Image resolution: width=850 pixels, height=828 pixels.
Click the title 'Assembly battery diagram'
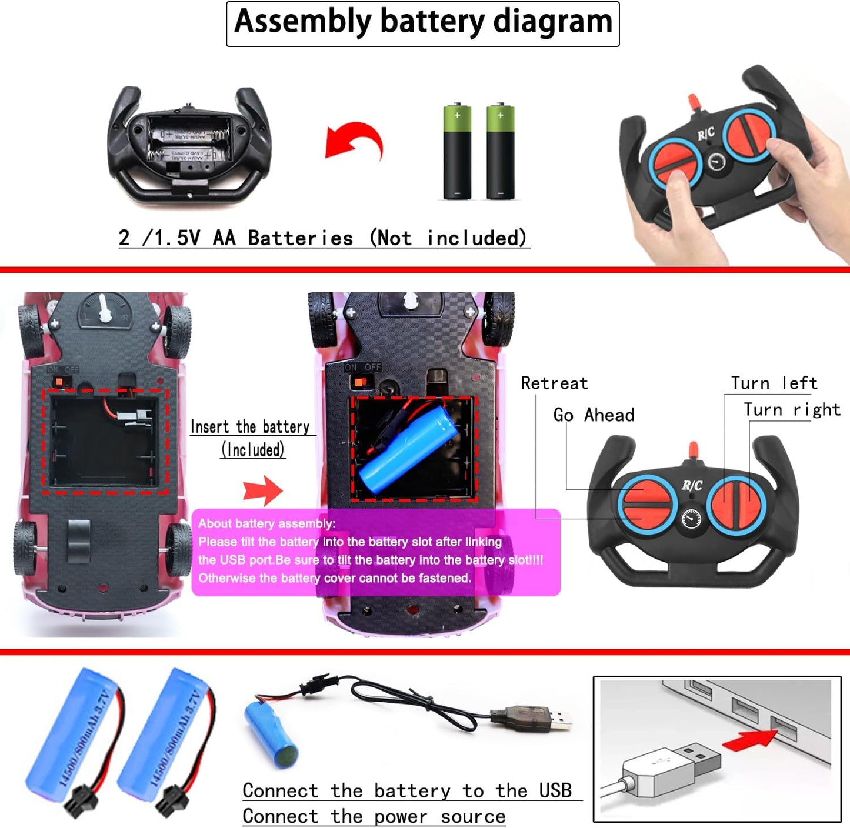[423, 22]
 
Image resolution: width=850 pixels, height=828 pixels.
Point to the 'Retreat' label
[554, 383]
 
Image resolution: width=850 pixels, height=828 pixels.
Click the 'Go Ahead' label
[594, 415]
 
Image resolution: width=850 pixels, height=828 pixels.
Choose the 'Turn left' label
[774, 383]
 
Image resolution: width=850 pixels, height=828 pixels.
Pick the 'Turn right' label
[792, 410]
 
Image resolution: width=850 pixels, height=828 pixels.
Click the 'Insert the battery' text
[250, 427]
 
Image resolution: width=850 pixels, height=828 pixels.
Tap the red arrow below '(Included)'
[263, 490]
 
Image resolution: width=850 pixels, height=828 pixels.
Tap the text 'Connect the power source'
[374, 817]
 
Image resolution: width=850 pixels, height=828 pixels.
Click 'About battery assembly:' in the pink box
[266, 524]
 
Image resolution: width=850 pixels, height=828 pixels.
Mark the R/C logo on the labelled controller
[692, 486]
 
